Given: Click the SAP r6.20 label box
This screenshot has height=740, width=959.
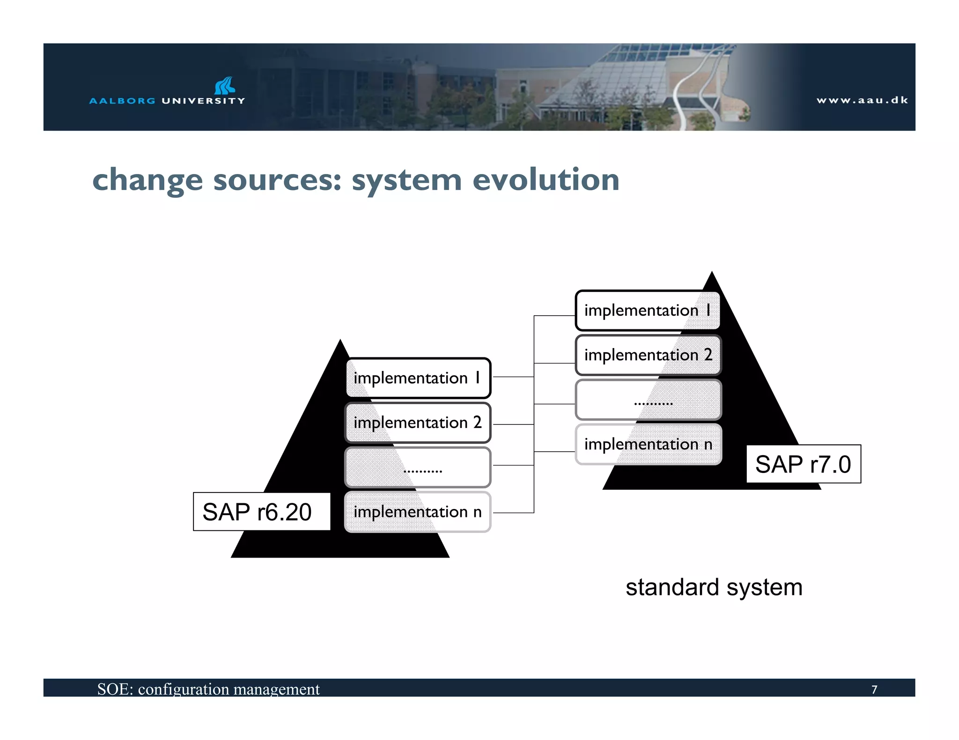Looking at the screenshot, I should pos(261,511).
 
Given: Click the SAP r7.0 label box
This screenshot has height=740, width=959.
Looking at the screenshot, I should pos(803,464).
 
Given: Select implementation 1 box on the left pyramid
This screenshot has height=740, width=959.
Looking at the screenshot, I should pos(418,378).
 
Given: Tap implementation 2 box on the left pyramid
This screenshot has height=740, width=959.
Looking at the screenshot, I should pos(418,422).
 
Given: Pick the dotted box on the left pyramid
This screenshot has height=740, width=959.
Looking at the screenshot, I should pos(418,467).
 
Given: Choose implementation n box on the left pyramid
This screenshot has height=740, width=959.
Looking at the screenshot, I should pos(418,512).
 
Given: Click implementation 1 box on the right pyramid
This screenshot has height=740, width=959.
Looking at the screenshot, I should pos(648,311).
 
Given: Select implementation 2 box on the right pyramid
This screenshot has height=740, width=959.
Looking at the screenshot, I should pos(648,355).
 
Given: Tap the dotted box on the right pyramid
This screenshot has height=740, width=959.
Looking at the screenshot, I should pos(648,400).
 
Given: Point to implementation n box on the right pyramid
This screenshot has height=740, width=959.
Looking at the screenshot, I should pos(648,444).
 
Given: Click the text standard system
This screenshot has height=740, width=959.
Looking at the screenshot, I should pos(714,588).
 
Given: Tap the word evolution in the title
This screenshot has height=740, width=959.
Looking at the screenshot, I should pos(546,180).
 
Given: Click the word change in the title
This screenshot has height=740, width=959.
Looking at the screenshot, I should pos(148,181).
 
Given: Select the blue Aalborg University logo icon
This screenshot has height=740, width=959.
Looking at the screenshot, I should pos(225,86).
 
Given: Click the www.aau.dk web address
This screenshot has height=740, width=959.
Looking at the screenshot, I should pos(862,100).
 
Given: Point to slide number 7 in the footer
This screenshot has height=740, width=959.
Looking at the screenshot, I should pos(874,689).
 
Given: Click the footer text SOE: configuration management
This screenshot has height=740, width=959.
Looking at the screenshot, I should pos(208,689).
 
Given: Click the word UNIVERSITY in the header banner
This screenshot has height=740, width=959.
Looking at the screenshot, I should pos(203,101).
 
